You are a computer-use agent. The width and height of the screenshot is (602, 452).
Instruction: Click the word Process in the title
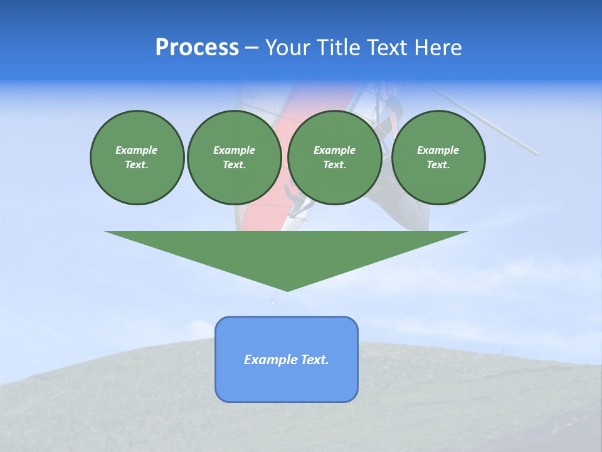point(197,48)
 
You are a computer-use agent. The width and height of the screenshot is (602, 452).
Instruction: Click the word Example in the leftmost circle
point(137,150)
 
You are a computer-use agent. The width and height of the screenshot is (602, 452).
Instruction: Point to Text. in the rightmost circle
point(438,164)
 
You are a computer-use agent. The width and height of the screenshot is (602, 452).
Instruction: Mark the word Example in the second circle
point(234,150)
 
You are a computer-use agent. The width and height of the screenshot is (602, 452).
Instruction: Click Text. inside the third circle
point(334,164)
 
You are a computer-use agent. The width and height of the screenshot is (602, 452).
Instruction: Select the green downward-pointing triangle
point(287,251)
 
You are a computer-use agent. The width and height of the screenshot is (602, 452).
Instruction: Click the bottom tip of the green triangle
point(287,289)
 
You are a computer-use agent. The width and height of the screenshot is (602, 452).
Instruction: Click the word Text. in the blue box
point(315,360)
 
